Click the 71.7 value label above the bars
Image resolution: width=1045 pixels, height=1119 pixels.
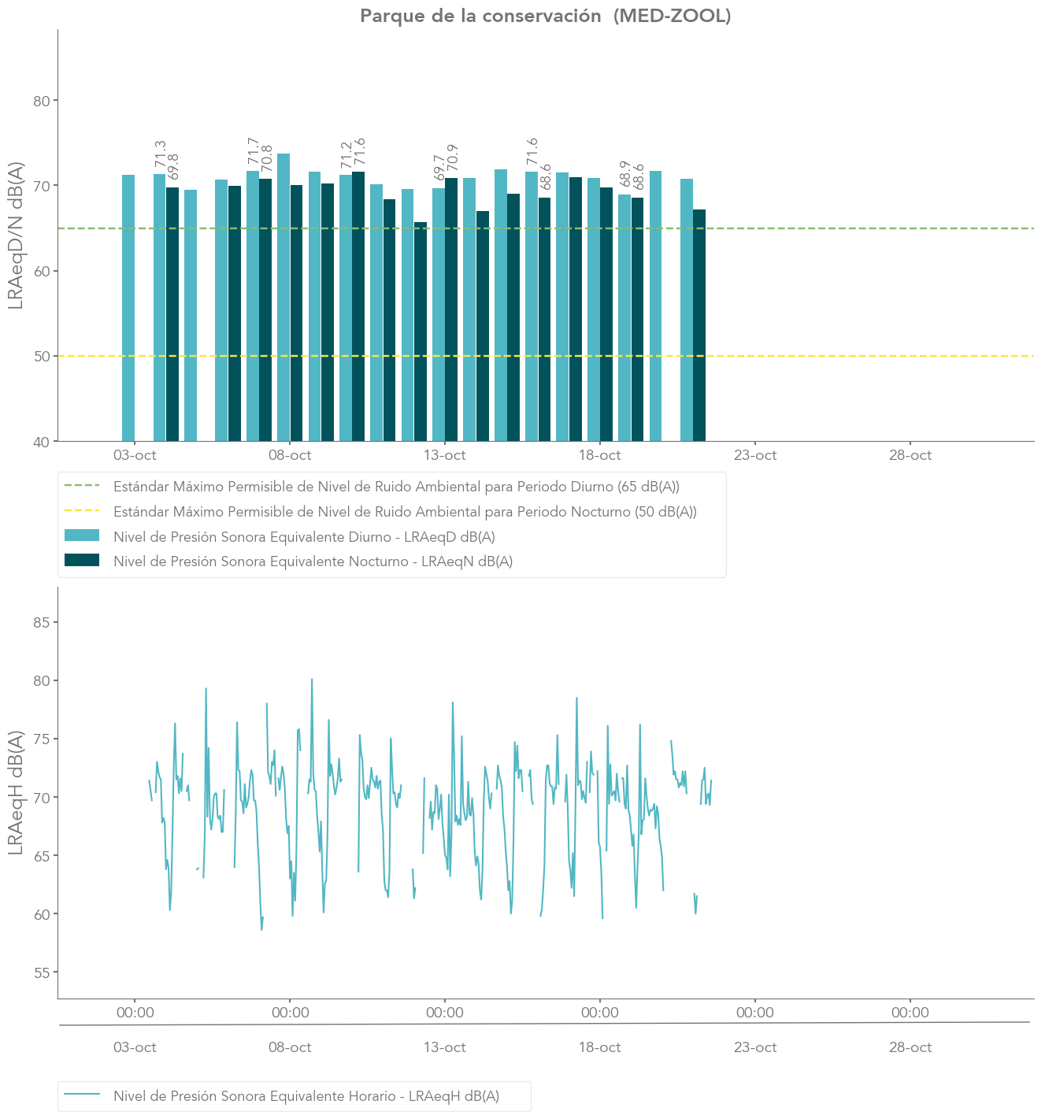(x=253, y=152)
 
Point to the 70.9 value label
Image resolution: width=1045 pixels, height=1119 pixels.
(x=452, y=158)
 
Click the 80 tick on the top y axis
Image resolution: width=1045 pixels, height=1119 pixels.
(x=41, y=101)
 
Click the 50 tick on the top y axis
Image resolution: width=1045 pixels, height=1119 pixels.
(x=41, y=356)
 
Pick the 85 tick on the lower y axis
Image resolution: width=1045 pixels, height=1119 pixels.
(x=41, y=622)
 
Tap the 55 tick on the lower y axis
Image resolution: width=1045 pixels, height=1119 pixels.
(x=41, y=973)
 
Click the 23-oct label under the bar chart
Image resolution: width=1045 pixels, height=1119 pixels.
(x=755, y=455)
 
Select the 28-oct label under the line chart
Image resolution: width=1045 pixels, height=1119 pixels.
(x=910, y=1047)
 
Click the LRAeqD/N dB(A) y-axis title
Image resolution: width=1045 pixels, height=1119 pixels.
(x=16, y=235)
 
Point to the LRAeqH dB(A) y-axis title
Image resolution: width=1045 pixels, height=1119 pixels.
(x=16, y=793)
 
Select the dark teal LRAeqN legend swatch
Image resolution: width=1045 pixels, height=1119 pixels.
(x=82, y=561)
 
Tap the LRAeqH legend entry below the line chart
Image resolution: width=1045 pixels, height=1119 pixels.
(x=306, y=1095)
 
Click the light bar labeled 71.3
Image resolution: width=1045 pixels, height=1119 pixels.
(x=159, y=307)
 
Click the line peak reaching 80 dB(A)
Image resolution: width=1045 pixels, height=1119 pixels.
(x=312, y=680)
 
